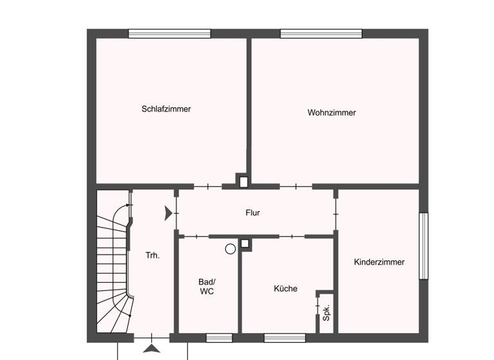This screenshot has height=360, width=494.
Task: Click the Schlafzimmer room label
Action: point(166,109)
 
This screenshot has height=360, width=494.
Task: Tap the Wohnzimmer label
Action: point(331,113)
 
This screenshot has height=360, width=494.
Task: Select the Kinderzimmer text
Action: point(380,262)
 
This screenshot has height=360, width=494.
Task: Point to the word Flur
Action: point(253,213)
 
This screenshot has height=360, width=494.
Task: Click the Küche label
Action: point(286,289)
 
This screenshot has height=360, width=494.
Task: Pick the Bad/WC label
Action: point(207,287)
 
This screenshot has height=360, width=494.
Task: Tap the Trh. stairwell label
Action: point(152,255)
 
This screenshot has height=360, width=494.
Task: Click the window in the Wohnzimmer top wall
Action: point(321,34)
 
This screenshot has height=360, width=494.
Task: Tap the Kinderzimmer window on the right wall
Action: point(423,246)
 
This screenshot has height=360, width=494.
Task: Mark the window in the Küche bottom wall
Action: point(284,337)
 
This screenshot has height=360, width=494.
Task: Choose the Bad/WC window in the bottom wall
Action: point(219,337)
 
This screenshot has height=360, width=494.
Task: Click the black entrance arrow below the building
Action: point(151,348)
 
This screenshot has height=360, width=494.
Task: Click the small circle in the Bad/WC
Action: point(230,249)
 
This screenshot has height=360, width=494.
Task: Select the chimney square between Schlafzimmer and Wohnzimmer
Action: point(242,181)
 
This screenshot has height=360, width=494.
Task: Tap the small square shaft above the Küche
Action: point(245,244)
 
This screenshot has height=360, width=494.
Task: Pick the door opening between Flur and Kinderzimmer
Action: point(335,213)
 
